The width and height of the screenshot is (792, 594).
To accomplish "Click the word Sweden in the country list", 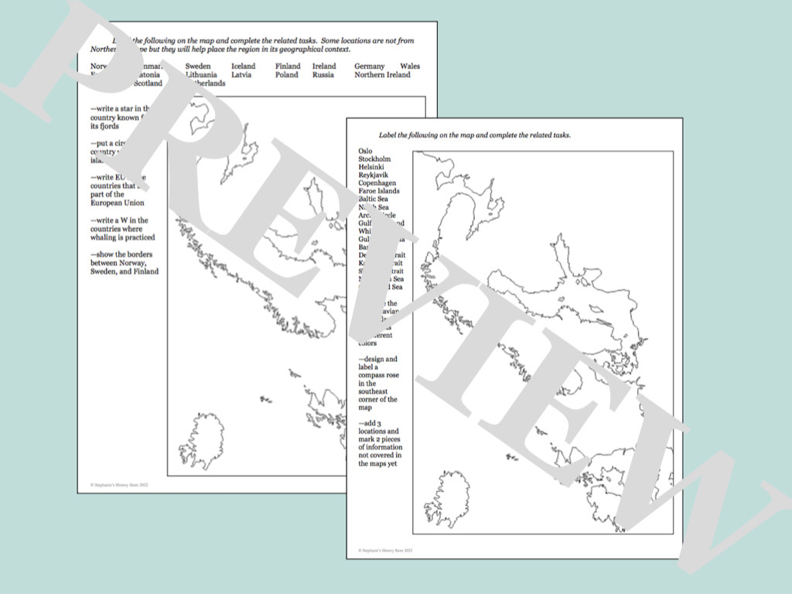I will (198, 67).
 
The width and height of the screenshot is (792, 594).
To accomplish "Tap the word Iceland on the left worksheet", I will (243, 67).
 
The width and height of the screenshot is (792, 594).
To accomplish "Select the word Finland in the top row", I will (288, 67).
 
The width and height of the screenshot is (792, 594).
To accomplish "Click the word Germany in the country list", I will (369, 67).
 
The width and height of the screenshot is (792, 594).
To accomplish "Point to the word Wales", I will (410, 67).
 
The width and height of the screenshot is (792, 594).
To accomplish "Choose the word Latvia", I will (241, 75).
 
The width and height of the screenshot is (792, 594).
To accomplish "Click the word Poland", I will (286, 75).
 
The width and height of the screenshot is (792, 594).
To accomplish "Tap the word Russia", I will (323, 75).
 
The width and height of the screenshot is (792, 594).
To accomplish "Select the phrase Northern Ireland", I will (382, 75).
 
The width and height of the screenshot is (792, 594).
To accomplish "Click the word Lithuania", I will (201, 75).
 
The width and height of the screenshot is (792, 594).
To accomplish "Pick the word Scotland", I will (148, 83).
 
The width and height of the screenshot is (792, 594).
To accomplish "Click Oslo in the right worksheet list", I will (365, 151).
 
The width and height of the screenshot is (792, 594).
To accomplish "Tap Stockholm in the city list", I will (374, 159).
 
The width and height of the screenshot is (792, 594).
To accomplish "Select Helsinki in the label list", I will (371, 167).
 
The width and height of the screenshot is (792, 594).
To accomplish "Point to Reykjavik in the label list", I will (373, 175).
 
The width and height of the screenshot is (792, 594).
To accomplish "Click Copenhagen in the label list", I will (377, 183).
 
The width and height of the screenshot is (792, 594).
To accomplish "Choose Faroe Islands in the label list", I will (379, 191).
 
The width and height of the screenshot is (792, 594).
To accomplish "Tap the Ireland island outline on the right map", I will (448, 499).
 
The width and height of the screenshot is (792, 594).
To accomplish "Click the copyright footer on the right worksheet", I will (386, 551).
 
